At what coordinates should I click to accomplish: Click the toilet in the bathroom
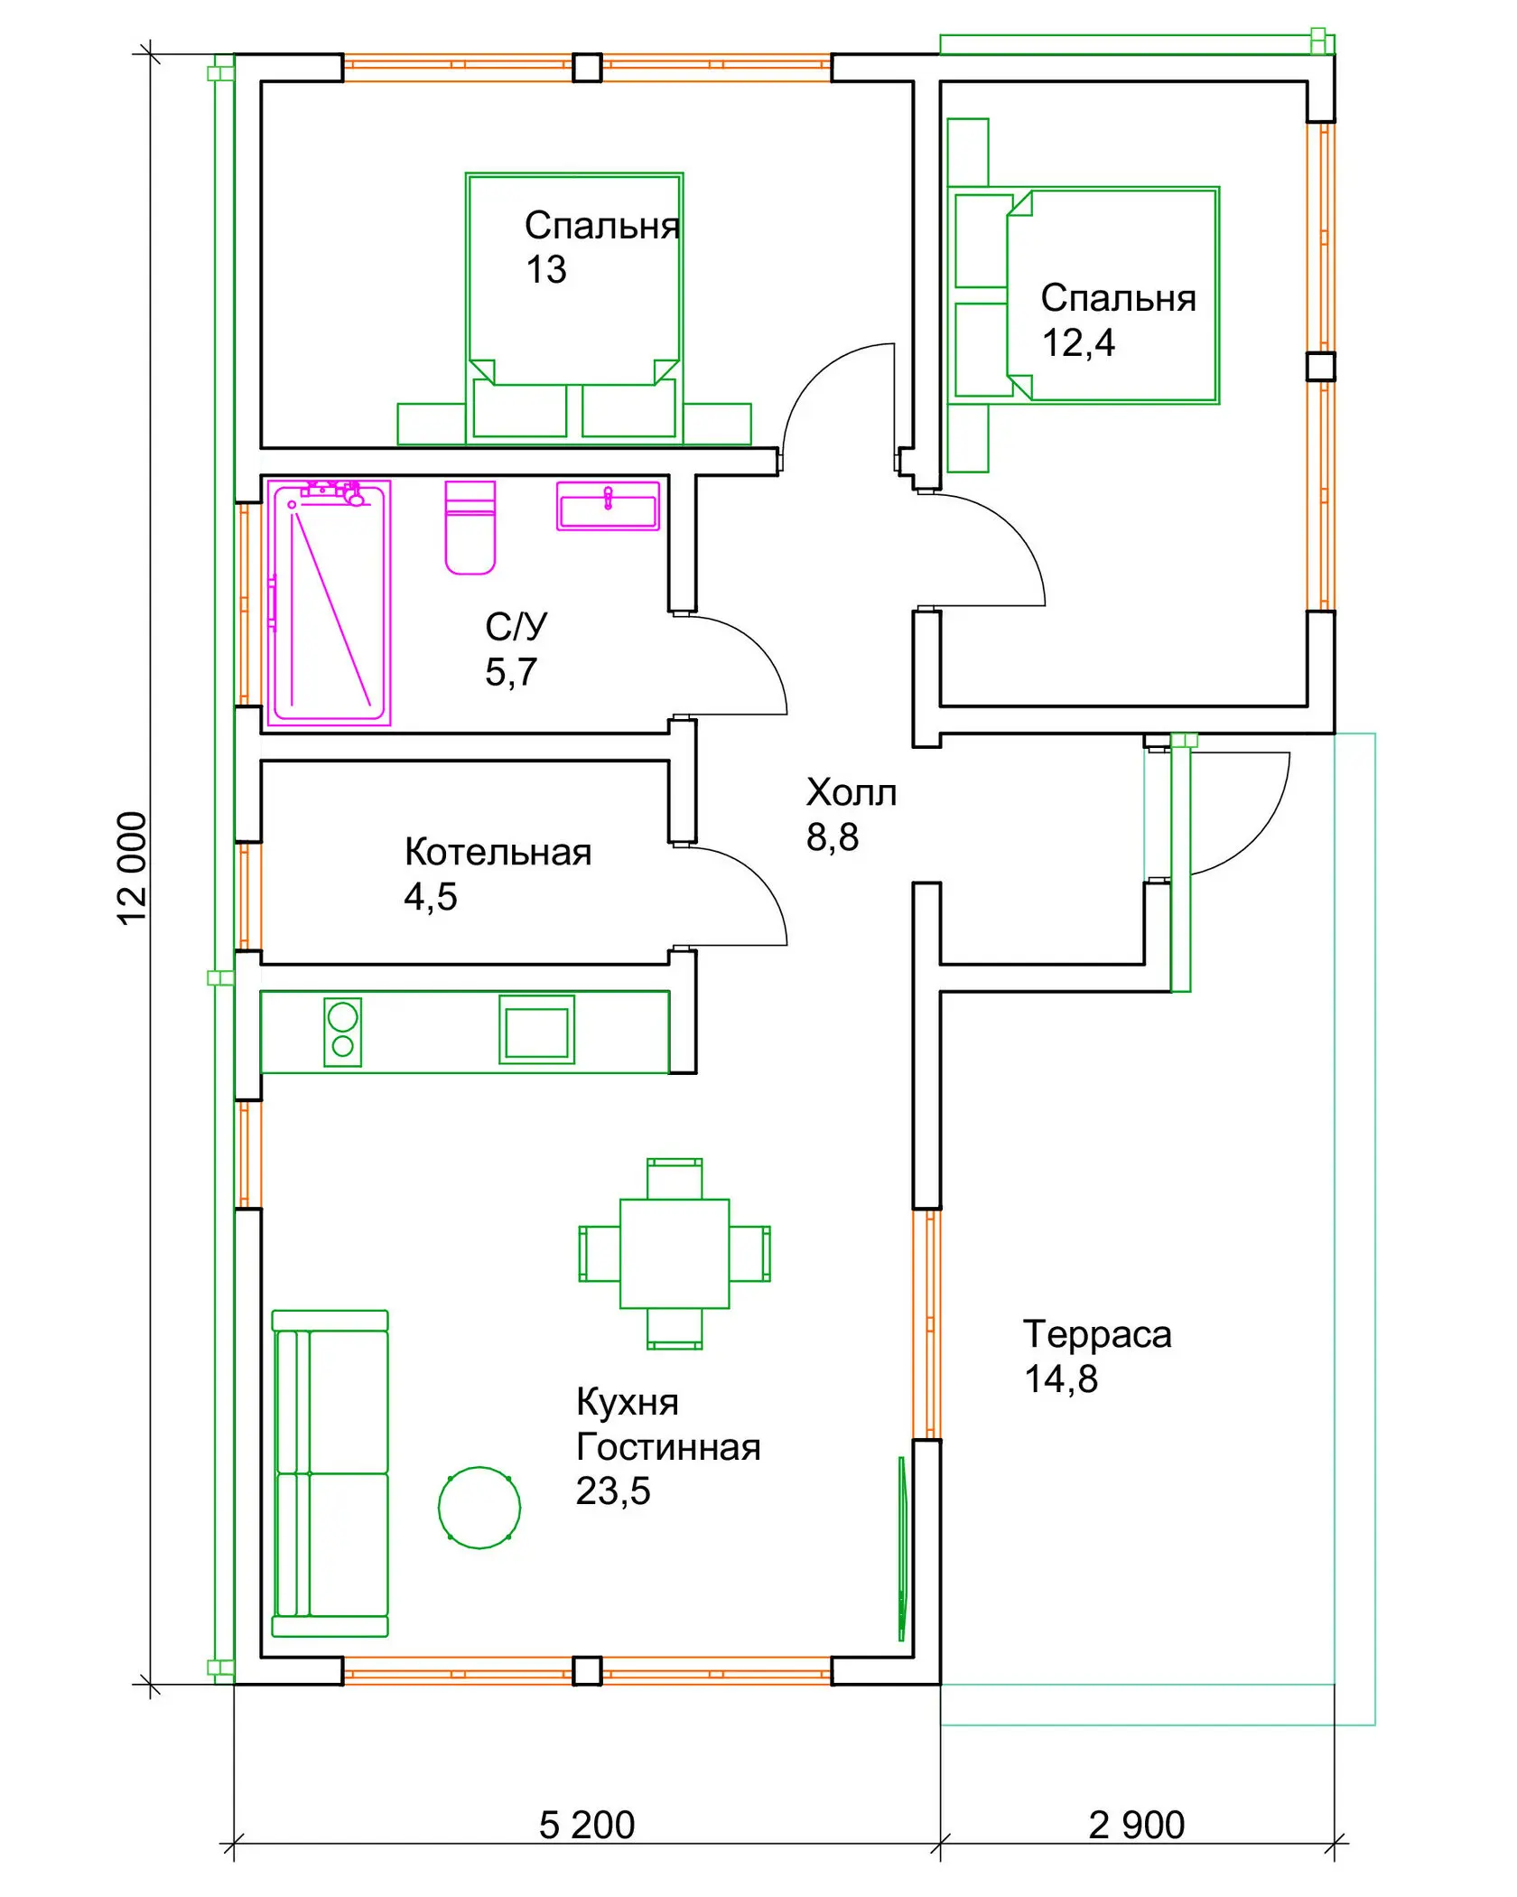(x=470, y=528)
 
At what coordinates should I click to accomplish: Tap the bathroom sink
(x=608, y=506)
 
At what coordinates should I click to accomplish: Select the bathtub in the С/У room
(x=329, y=603)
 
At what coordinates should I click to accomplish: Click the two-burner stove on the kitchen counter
(x=342, y=1032)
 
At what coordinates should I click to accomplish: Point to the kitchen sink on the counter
(x=536, y=1030)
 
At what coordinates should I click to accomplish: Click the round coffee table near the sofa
(x=479, y=1508)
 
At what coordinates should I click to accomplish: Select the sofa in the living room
(x=330, y=1473)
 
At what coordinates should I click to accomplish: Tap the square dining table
(x=675, y=1254)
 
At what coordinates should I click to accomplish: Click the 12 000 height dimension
(x=133, y=868)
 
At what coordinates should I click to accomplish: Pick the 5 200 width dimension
(x=587, y=1826)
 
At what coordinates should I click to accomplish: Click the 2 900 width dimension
(x=1137, y=1826)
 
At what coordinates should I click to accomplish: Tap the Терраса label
(x=1097, y=1334)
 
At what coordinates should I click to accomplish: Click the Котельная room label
(x=498, y=852)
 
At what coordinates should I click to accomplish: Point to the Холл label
(x=852, y=792)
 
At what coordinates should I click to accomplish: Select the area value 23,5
(x=613, y=1491)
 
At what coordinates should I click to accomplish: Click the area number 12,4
(x=1078, y=343)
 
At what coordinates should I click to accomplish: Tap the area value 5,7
(x=511, y=672)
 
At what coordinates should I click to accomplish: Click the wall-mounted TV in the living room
(x=901, y=1548)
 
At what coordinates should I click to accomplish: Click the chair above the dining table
(x=675, y=1178)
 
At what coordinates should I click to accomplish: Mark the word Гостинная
(x=668, y=1447)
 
